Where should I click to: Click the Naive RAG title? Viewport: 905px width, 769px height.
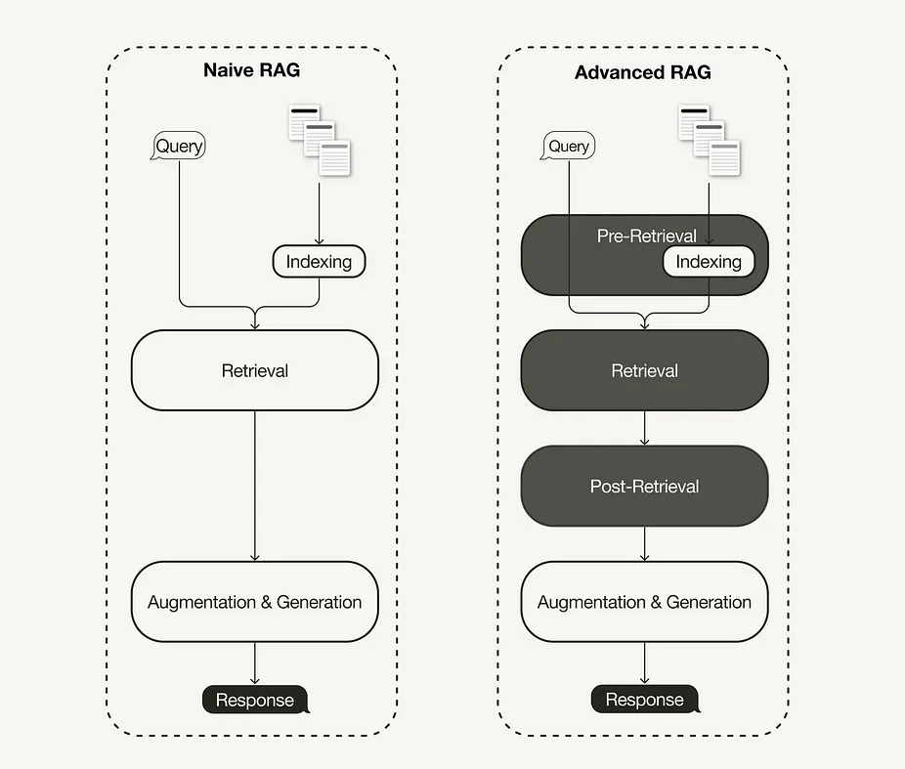tap(251, 70)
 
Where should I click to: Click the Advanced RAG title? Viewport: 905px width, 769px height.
tap(643, 72)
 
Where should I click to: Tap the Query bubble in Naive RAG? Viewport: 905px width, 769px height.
tap(179, 147)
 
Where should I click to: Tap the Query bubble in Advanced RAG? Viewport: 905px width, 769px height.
tap(569, 147)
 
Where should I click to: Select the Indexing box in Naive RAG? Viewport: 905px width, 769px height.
tap(319, 262)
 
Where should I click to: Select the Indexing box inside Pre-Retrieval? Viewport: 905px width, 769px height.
tap(709, 262)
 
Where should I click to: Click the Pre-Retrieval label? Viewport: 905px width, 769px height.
tap(646, 235)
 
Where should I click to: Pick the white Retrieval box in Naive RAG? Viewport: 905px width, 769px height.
tap(254, 370)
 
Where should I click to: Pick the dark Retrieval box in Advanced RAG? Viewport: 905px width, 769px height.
tap(644, 370)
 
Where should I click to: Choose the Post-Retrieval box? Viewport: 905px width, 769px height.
tap(644, 486)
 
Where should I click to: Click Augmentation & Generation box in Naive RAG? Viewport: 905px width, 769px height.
tap(254, 602)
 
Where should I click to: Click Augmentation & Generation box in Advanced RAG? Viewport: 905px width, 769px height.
tap(644, 602)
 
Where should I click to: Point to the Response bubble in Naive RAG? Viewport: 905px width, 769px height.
tap(255, 700)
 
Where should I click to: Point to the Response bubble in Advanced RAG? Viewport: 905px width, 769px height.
tap(644, 700)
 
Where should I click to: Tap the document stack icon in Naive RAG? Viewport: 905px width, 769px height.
tap(319, 136)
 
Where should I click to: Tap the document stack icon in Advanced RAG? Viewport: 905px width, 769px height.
tap(709, 136)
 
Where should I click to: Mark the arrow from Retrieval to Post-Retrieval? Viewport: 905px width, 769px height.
tap(644, 428)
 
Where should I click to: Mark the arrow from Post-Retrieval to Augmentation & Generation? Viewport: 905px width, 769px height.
tap(644, 543)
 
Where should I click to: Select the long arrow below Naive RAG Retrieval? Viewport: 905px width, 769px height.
tap(255, 486)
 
